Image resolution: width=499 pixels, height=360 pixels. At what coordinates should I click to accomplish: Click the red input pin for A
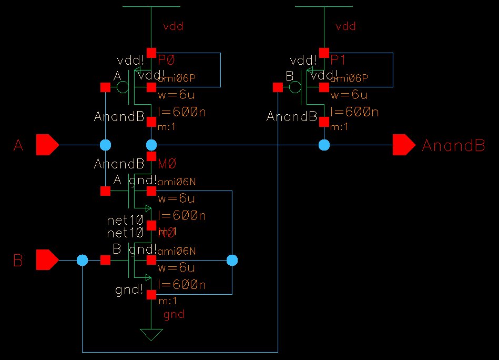tap(46, 145)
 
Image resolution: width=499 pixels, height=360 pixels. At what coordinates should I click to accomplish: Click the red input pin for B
tap(46, 260)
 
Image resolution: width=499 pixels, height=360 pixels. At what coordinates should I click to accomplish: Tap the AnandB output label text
tap(453, 146)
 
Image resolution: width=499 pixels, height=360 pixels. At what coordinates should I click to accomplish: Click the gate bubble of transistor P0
tap(123, 87)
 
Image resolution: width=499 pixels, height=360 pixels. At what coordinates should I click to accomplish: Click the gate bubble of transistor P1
tap(296, 87)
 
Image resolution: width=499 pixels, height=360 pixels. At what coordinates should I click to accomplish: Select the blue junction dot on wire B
tap(82, 260)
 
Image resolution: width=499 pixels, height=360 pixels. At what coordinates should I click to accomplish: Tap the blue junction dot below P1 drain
tap(324, 145)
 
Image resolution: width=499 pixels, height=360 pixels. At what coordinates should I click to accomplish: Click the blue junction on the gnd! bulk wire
tap(232, 260)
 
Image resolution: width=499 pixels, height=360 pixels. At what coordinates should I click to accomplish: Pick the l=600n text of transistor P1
tap(355, 112)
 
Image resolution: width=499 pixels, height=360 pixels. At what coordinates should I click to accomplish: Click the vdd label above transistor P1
tap(345, 26)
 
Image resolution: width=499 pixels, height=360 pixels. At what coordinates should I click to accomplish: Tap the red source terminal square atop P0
tap(151, 53)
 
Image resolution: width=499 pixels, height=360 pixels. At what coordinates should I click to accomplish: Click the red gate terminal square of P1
tap(278, 87)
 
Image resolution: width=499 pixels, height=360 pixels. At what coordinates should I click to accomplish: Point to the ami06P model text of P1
tap(350, 78)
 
